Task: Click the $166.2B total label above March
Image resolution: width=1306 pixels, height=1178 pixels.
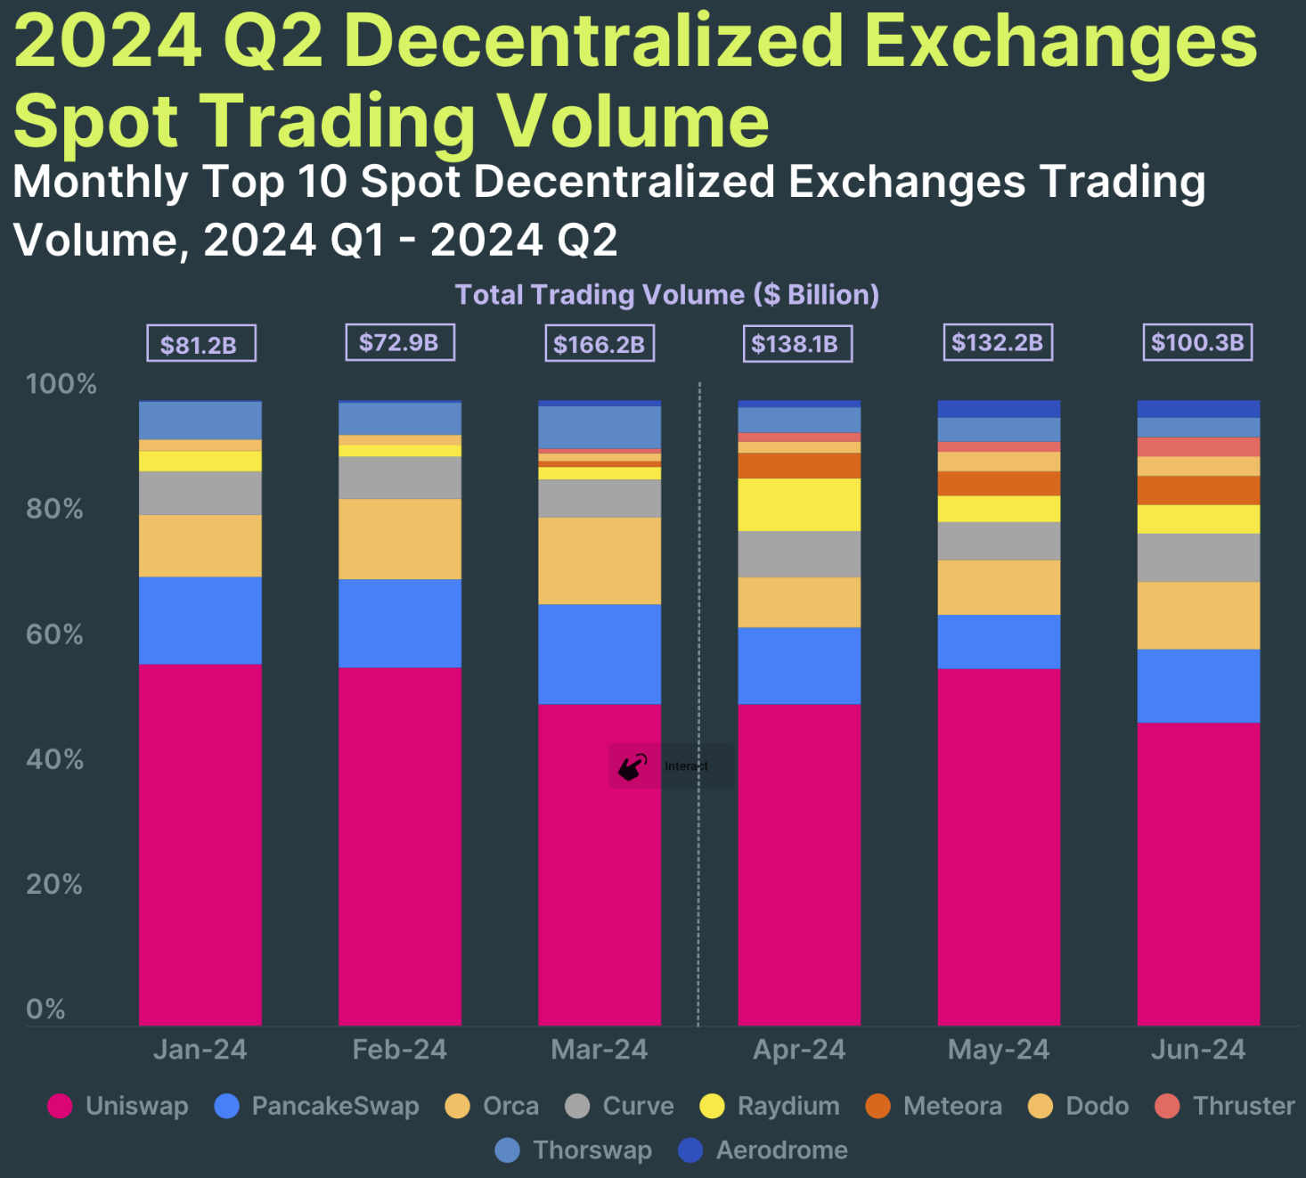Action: [600, 344]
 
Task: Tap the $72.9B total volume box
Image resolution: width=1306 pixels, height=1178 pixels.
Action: [400, 342]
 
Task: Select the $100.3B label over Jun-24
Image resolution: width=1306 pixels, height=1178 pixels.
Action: [1197, 342]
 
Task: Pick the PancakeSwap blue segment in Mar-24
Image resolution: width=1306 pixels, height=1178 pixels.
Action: [600, 654]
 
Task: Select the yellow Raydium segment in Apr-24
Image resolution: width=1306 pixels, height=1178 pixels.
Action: [799, 504]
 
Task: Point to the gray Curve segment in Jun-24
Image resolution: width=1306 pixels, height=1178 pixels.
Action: [1198, 558]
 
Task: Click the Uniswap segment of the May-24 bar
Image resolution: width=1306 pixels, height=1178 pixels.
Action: [999, 847]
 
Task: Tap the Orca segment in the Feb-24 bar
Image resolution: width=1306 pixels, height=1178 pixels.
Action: [400, 539]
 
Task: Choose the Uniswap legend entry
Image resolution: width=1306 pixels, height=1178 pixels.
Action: [118, 1106]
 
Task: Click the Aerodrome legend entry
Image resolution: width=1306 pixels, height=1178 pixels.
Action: [763, 1150]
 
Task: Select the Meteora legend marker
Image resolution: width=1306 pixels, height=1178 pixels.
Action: [877, 1106]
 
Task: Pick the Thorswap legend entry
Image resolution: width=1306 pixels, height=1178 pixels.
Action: [574, 1150]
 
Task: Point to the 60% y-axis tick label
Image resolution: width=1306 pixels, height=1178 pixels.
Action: [54, 634]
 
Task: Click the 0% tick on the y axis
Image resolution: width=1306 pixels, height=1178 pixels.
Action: [45, 1009]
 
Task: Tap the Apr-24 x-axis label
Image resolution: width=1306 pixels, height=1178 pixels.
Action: [799, 1050]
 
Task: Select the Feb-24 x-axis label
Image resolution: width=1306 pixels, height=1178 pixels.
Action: [400, 1050]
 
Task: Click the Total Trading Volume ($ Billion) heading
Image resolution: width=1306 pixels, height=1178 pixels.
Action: [667, 295]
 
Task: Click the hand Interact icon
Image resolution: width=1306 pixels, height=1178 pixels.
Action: [633, 766]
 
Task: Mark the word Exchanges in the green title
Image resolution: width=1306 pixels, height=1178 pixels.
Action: [1060, 41]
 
